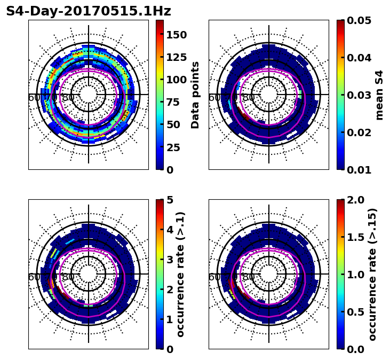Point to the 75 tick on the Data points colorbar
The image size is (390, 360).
(176, 102)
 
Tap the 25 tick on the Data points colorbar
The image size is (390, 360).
(176, 147)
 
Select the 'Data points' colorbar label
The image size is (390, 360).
(195, 95)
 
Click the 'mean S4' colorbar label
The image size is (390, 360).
(379, 95)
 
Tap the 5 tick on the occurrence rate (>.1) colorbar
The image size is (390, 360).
(170, 200)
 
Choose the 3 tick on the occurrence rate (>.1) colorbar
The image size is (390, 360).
(170, 260)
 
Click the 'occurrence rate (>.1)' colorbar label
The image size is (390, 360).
(181, 274)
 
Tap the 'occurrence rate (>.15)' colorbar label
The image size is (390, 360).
(372, 274)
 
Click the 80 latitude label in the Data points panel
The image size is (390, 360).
(68, 98)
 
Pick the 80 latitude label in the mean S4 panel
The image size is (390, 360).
(249, 98)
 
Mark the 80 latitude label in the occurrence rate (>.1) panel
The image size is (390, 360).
(68, 277)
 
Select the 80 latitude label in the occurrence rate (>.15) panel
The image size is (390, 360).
(249, 277)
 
